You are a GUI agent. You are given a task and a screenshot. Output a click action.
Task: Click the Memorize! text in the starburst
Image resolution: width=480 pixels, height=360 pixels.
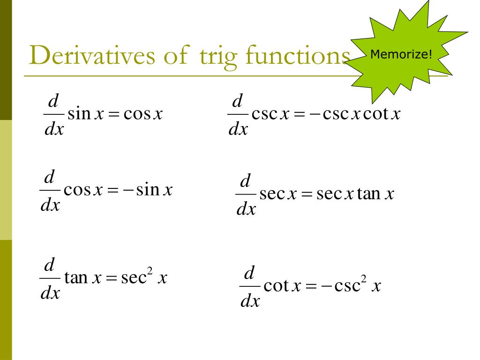tap(401, 54)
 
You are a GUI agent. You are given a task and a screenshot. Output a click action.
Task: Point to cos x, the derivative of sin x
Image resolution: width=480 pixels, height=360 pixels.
tap(143, 114)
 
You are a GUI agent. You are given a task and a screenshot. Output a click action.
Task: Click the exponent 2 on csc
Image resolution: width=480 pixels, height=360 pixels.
tap(363, 280)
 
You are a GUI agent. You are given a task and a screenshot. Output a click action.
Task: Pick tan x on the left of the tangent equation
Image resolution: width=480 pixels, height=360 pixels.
tap(83, 278)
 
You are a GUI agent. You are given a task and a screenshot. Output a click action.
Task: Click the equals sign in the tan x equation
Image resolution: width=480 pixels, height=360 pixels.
tap(111, 279)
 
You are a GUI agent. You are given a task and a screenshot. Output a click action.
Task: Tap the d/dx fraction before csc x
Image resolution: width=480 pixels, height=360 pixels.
tap(238, 115)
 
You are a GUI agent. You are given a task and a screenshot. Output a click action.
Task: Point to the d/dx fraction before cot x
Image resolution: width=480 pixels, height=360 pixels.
tap(249, 286)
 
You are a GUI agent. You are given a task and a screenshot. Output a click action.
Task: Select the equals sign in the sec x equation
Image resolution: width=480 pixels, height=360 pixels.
tap(307, 194)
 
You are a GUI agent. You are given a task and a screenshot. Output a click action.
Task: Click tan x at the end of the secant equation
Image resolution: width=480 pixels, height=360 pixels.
tap(375, 193)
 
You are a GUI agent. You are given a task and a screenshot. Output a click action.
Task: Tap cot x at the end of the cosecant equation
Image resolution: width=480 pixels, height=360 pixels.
tap(382, 114)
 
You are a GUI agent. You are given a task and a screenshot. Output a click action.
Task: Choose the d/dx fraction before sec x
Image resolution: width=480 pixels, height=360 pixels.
tap(246, 195)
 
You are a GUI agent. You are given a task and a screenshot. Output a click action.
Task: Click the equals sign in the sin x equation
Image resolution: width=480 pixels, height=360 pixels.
tap(113, 114)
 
